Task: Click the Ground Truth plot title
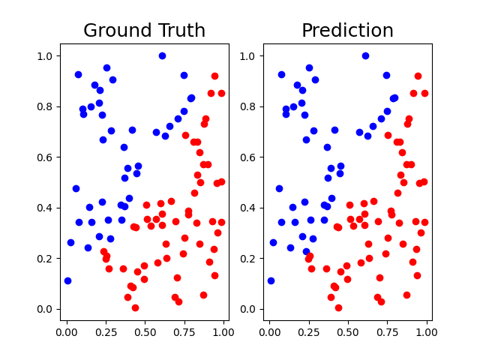[144, 31]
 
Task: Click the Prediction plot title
[347, 31]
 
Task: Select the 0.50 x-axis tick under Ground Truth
[145, 329]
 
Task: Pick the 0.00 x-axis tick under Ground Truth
[67, 329]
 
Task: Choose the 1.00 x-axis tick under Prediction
[427, 329]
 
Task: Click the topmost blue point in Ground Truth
[162, 55]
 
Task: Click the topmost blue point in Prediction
[365, 55]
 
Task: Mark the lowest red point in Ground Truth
[135, 307]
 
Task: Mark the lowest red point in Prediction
[338, 307]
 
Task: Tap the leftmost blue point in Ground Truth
[67, 280]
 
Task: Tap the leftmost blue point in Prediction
[271, 280]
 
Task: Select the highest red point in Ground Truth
[214, 76]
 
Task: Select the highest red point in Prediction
[418, 76]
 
